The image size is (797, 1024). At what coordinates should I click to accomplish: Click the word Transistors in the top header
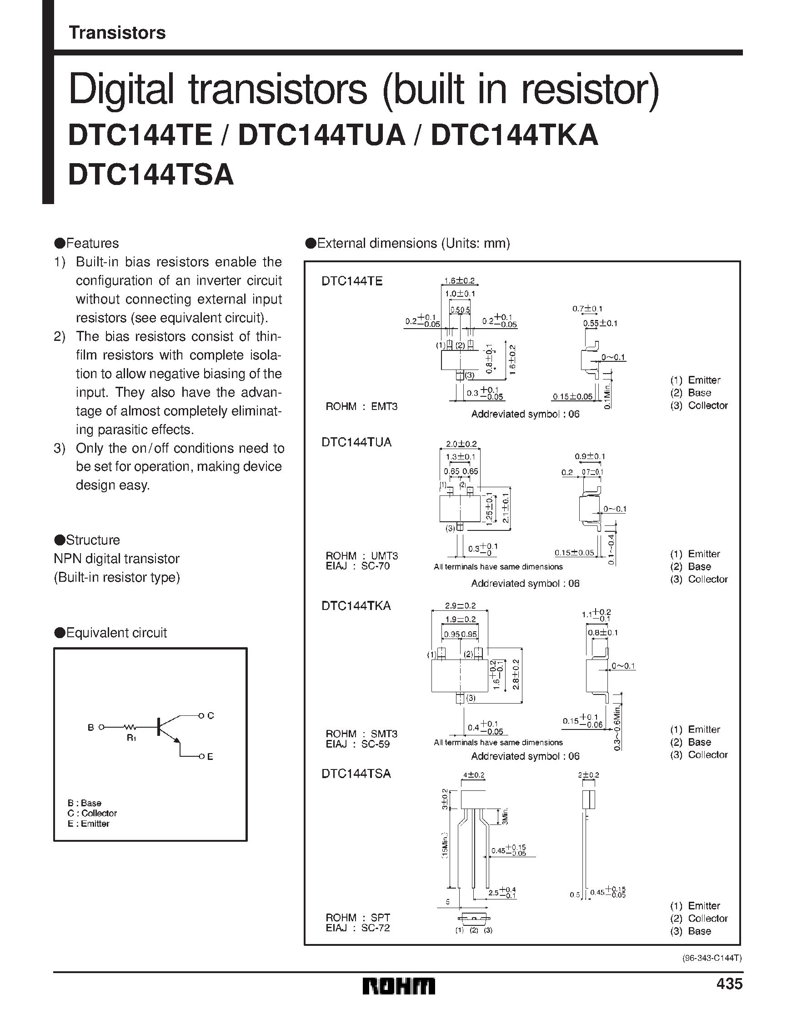pyautogui.click(x=117, y=33)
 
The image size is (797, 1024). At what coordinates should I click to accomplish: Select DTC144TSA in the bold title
pyautogui.click(x=150, y=175)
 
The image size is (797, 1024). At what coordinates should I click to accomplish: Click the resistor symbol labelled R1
pyautogui.click(x=130, y=727)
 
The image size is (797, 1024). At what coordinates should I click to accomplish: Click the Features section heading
pyautogui.click(x=87, y=243)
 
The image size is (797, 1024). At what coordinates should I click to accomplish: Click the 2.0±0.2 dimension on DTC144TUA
pyautogui.click(x=461, y=444)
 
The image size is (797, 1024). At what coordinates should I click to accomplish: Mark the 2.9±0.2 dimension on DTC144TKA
pyautogui.click(x=460, y=605)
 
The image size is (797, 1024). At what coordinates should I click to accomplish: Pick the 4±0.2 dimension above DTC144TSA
pyautogui.click(x=473, y=775)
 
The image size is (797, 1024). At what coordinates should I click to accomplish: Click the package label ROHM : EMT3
pyautogui.click(x=361, y=406)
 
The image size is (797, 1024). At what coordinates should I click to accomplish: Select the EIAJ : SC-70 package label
pyautogui.click(x=357, y=566)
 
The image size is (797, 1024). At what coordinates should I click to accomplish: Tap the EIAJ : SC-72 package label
pyautogui.click(x=357, y=928)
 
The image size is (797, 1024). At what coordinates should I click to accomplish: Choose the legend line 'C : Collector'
pyautogui.click(x=92, y=813)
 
